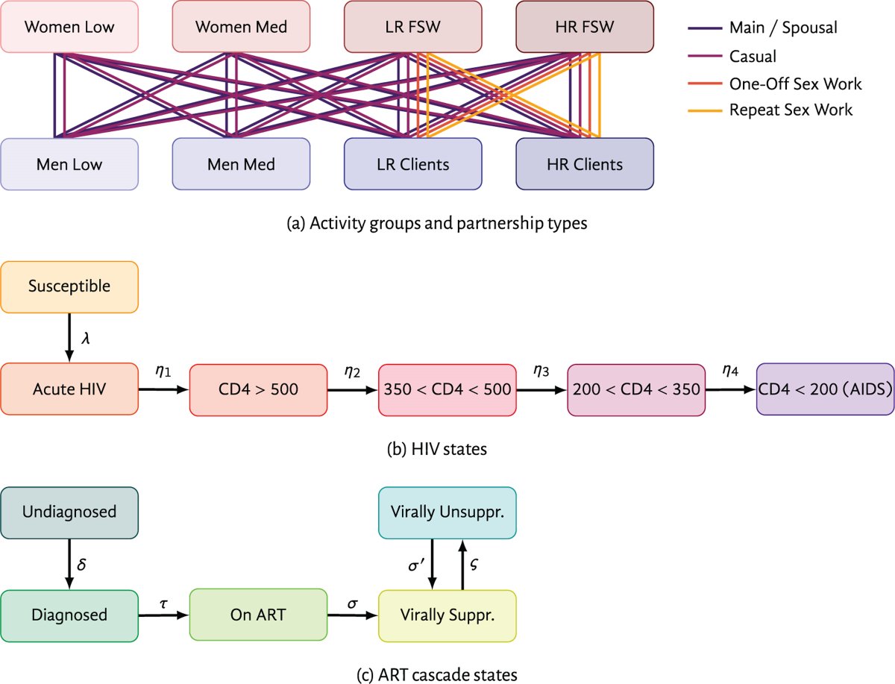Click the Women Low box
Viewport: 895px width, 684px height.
69,28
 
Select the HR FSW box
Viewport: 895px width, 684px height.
585,28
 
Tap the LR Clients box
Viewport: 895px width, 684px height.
412,164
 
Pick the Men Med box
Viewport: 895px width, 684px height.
241,164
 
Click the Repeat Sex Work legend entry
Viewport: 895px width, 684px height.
791,110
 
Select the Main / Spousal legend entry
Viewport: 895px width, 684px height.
783,28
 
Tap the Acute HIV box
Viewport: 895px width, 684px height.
69,389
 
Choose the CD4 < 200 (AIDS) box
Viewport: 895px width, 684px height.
825,389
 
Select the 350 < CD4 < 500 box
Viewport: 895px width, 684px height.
447,389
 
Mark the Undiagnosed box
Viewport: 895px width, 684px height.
69,512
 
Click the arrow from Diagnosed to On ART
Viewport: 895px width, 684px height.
164,615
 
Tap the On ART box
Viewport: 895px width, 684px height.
258,615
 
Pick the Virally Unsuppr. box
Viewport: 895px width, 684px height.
447,512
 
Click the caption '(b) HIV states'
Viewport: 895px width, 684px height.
447,450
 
